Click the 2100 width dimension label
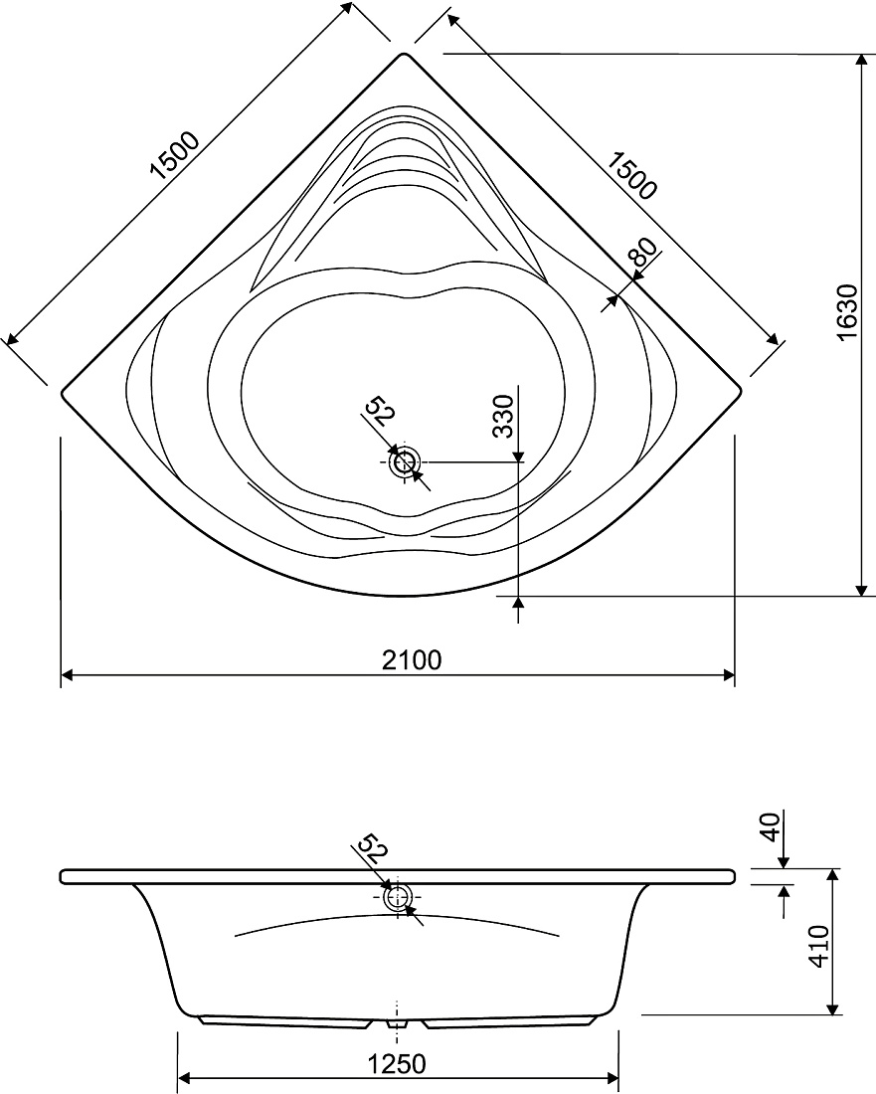point(412,659)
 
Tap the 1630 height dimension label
point(846,312)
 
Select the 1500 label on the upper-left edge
point(176,155)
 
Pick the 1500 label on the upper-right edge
point(631,175)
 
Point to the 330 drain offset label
point(503,416)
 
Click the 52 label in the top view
point(381,411)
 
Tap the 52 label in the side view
point(372,849)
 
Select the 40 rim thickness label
point(769,826)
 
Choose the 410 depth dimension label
point(819,946)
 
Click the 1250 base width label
point(396,1064)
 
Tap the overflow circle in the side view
point(399,897)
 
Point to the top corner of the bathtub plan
point(404,53)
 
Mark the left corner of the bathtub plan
point(62,392)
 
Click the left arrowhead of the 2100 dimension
point(67,675)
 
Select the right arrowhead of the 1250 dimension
point(613,1076)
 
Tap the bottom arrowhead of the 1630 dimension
point(861,590)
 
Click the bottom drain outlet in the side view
point(397,1023)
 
